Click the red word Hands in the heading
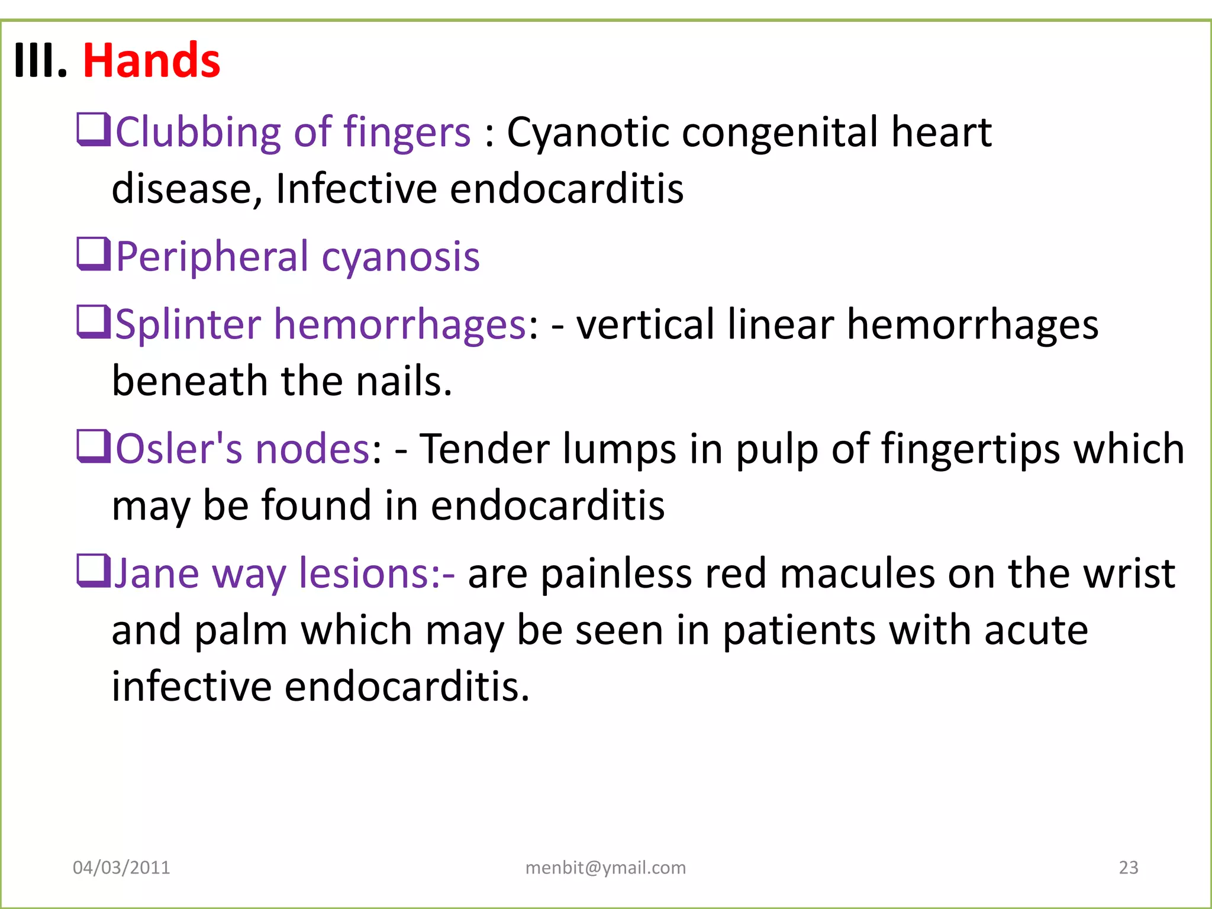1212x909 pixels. tap(151, 60)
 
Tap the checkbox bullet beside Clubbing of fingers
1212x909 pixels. tap(94, 130)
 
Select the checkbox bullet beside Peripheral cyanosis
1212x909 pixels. tap(94, 254)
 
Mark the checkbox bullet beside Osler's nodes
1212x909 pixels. tap(94, 447)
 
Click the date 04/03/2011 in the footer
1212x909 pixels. tap(121, 868)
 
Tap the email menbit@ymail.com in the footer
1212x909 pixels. tap(605, 868)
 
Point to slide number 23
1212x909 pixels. tap(1128, 868)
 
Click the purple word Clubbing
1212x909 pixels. tap(198, 133)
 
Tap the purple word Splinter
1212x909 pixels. tap(188, 325)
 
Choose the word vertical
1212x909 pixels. tap(645, 325)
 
